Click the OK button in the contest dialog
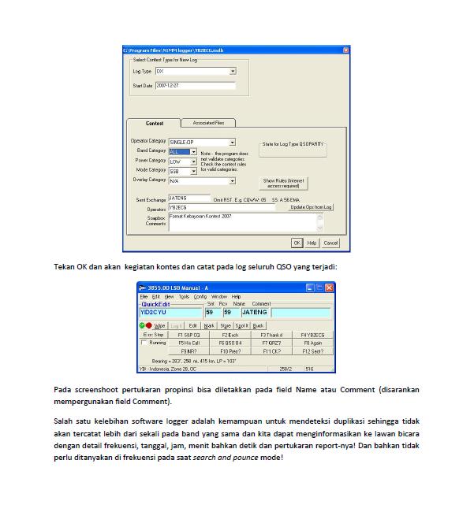(x=297, y=243)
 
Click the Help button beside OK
(x=312, y=243)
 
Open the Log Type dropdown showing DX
(x=196, y=71)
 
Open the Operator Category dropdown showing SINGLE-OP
(x=202, y=142)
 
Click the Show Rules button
(x=284, y=183)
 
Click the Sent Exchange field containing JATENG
(x=189, y=198)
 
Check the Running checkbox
(x=143, y=343)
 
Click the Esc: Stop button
(x=153, y=335)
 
